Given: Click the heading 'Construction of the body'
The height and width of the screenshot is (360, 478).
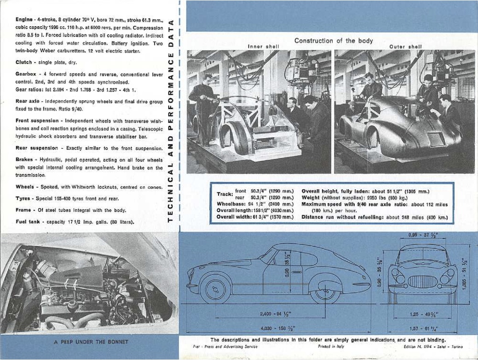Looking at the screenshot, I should (334, 41).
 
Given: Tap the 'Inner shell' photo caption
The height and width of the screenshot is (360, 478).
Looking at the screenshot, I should (261, 46).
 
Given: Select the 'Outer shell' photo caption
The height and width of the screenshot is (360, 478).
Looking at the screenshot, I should (405, 46).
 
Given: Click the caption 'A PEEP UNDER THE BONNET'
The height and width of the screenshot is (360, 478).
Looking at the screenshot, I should (88, 342).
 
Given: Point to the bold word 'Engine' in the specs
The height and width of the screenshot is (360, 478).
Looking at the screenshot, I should (23, 20).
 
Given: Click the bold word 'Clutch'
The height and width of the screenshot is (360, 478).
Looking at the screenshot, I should (23, 62).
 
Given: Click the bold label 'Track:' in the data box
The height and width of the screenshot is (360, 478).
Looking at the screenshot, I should (225, 194).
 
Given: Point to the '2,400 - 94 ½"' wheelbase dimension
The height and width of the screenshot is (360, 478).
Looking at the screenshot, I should (276, 314).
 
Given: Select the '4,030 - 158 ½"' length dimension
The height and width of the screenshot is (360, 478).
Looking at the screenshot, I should (277, 328).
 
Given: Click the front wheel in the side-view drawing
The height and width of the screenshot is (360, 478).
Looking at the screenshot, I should (215, 289).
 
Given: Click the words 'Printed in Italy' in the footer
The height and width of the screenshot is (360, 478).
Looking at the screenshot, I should (331, 346).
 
